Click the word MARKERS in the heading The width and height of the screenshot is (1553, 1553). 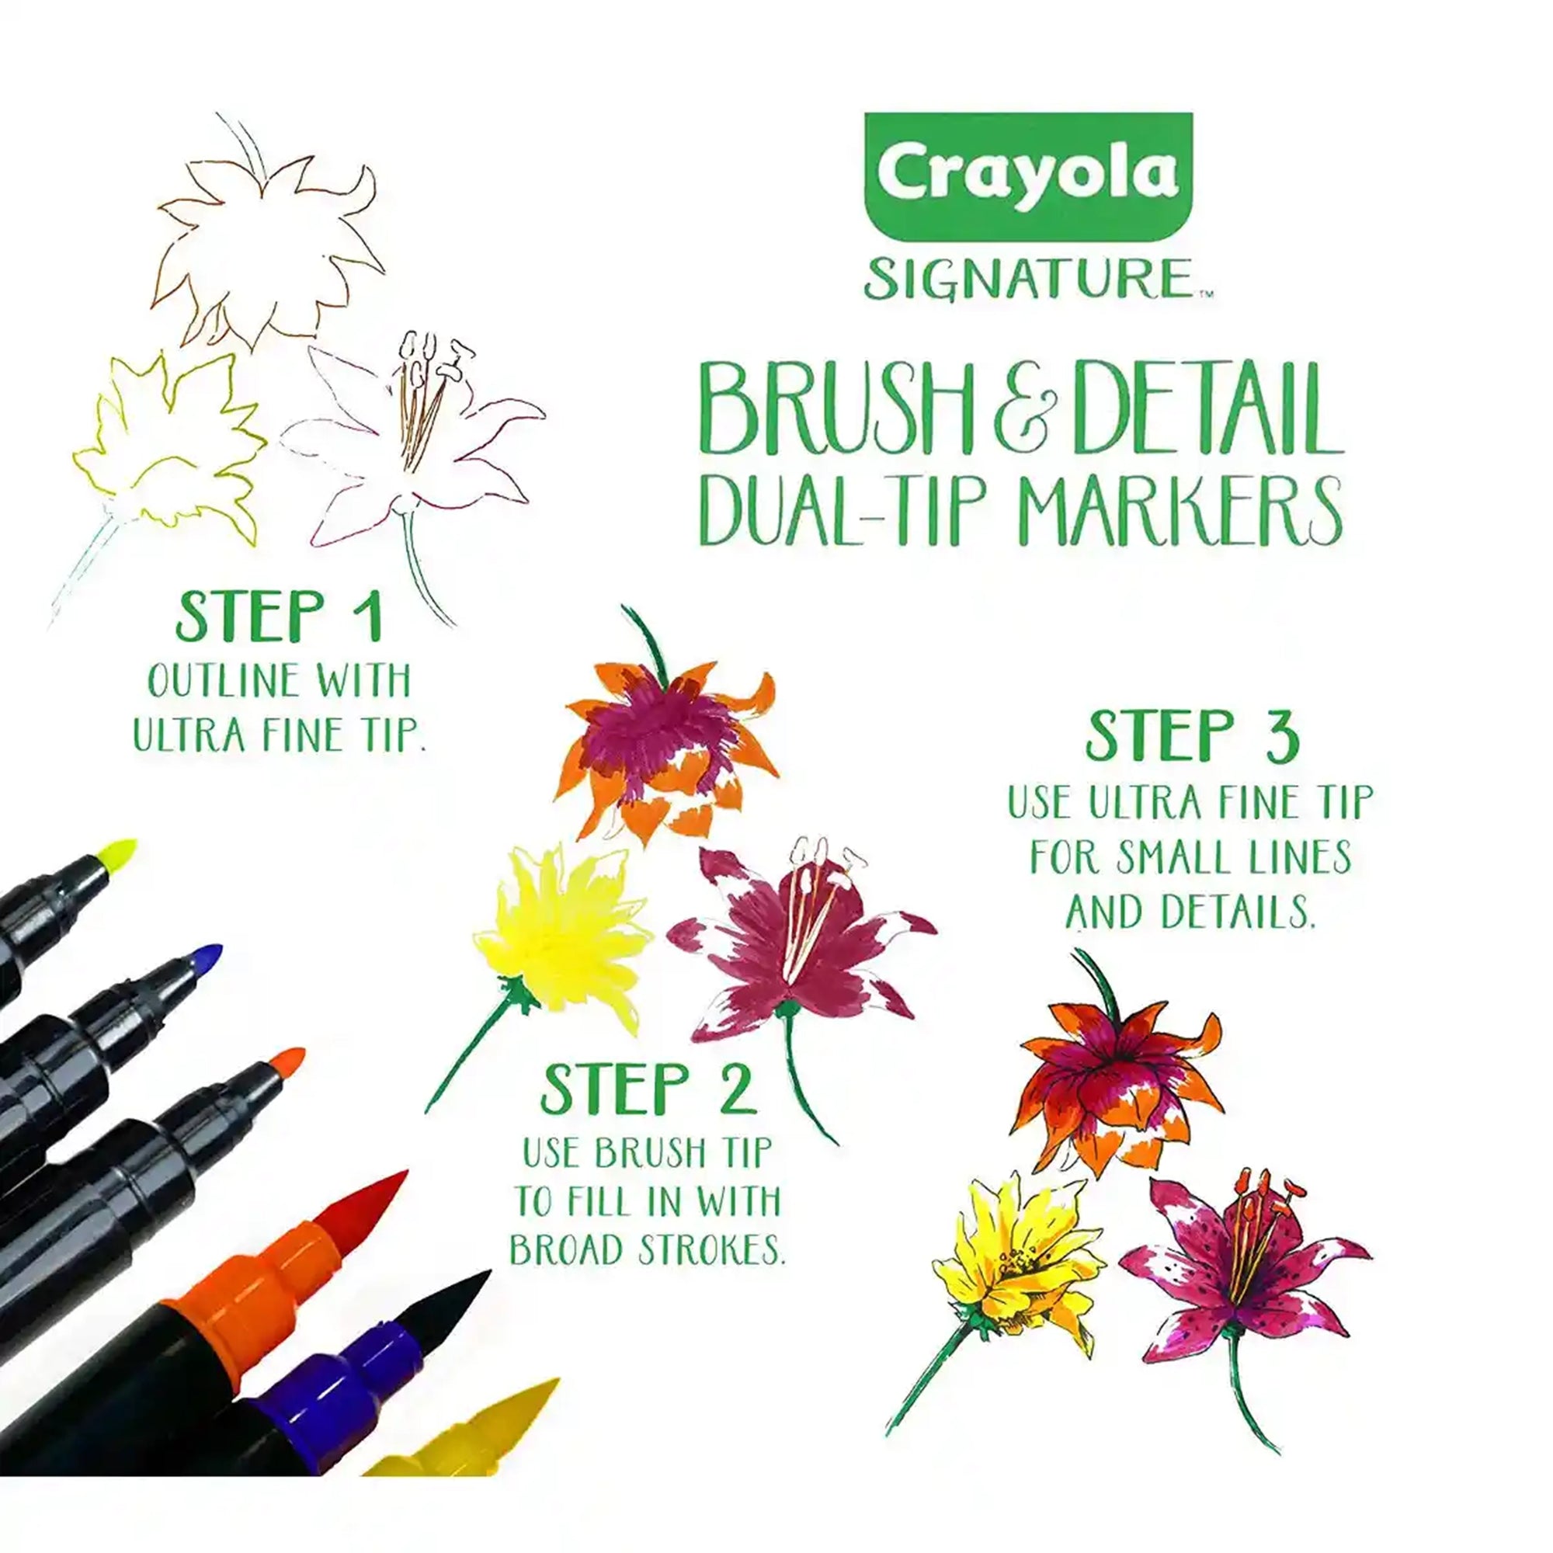1173,509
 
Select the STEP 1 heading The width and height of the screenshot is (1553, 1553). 279,617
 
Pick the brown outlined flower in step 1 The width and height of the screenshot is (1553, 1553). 261,241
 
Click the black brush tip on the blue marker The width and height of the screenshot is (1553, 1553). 450,1323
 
